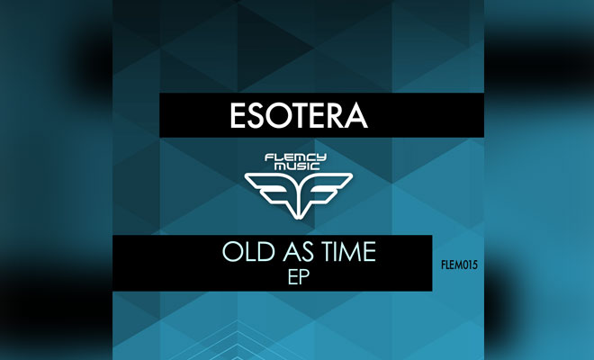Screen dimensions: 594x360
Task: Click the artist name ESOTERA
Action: [299, 115]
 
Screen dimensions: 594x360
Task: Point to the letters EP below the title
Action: [299, 277]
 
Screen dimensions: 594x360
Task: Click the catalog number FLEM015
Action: [460, 265]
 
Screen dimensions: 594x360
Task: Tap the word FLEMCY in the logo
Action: [296, 157]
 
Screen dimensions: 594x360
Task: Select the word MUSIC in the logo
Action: [297, 166]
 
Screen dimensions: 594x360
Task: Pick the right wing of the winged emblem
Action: [326, 190]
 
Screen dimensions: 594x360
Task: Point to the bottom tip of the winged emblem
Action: [299, 219]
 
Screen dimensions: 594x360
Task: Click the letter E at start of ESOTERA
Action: [237, 115]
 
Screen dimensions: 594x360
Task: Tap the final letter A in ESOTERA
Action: [356, 115]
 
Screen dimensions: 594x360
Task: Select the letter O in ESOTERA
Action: [280, 115]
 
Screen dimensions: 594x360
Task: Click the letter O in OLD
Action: [232, 252]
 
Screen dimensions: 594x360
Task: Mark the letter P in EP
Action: [304, 277]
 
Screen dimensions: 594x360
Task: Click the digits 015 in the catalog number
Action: [470, 265]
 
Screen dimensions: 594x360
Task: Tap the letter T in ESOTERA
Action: [301, 115]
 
